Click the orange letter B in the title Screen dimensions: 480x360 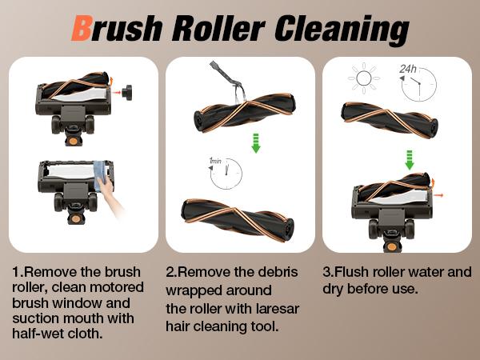pyautogui.click(x=82, y=28)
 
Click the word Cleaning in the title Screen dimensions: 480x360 pyautogui.click(x=342, y=30)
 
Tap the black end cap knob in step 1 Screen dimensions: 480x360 pyautogui.click(x=127, y=92)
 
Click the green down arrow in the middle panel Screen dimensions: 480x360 pyautogui.click(x=256, y=143)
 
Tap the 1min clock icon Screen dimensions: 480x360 pyautogui.click(x=226, y=173)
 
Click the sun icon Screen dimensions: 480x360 pyautogui.click(x=364, y=78)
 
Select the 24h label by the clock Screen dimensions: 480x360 pyautogui.click(x=408, y=69)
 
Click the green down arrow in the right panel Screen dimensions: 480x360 pyautogui.click(x=410, y=160)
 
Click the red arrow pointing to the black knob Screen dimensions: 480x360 pyautogui.click(x=116, y=92)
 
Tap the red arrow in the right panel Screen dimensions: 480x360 pyautogui.click(x=438, y=195)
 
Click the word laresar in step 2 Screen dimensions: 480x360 pyautogui.click(x=278, y=308)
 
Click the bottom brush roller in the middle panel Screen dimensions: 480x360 pyautogui.click(x=238, y=219)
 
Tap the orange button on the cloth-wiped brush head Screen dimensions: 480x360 pyautogui.click(x=75, y=218)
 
